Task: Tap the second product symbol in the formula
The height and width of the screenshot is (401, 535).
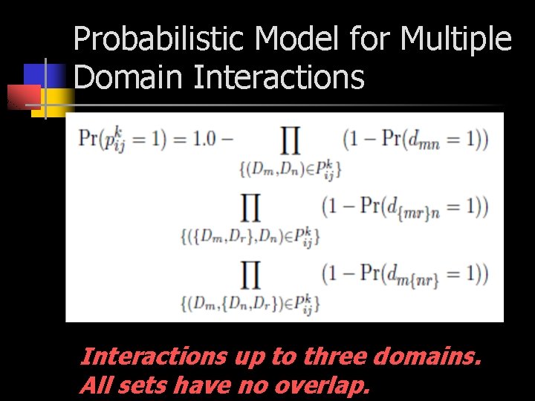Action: point(251,209)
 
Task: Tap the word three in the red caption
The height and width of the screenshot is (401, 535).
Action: point(328,357)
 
